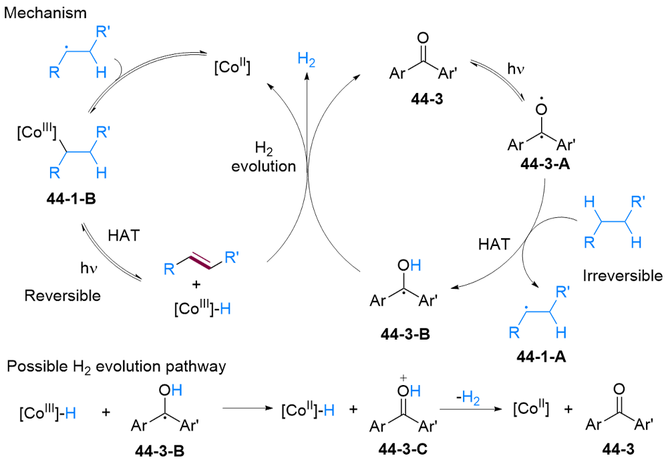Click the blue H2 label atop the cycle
click(x=307, y=60)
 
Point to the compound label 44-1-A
click(x=541, y=356)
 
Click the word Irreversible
click(x=623, y=275)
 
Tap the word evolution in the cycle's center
click(x=264, y=166)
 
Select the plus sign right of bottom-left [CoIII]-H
click(x=106, y=413)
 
